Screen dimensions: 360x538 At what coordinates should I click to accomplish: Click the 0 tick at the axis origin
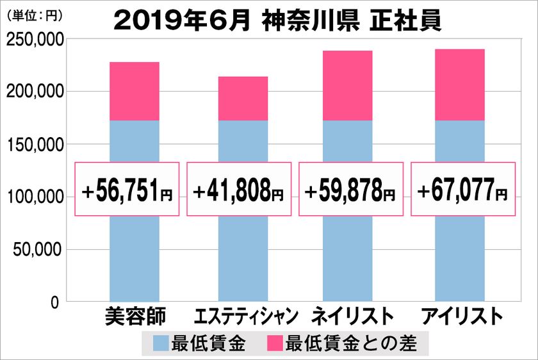click(55, 302)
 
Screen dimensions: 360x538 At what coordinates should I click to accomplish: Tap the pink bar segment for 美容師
click(134, 91)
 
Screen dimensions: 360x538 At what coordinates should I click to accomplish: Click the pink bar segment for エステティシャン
click(243, 99)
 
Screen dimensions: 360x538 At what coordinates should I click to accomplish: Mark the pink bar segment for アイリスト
click(459, 85)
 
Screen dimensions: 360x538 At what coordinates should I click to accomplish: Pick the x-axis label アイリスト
click(459, 317)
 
